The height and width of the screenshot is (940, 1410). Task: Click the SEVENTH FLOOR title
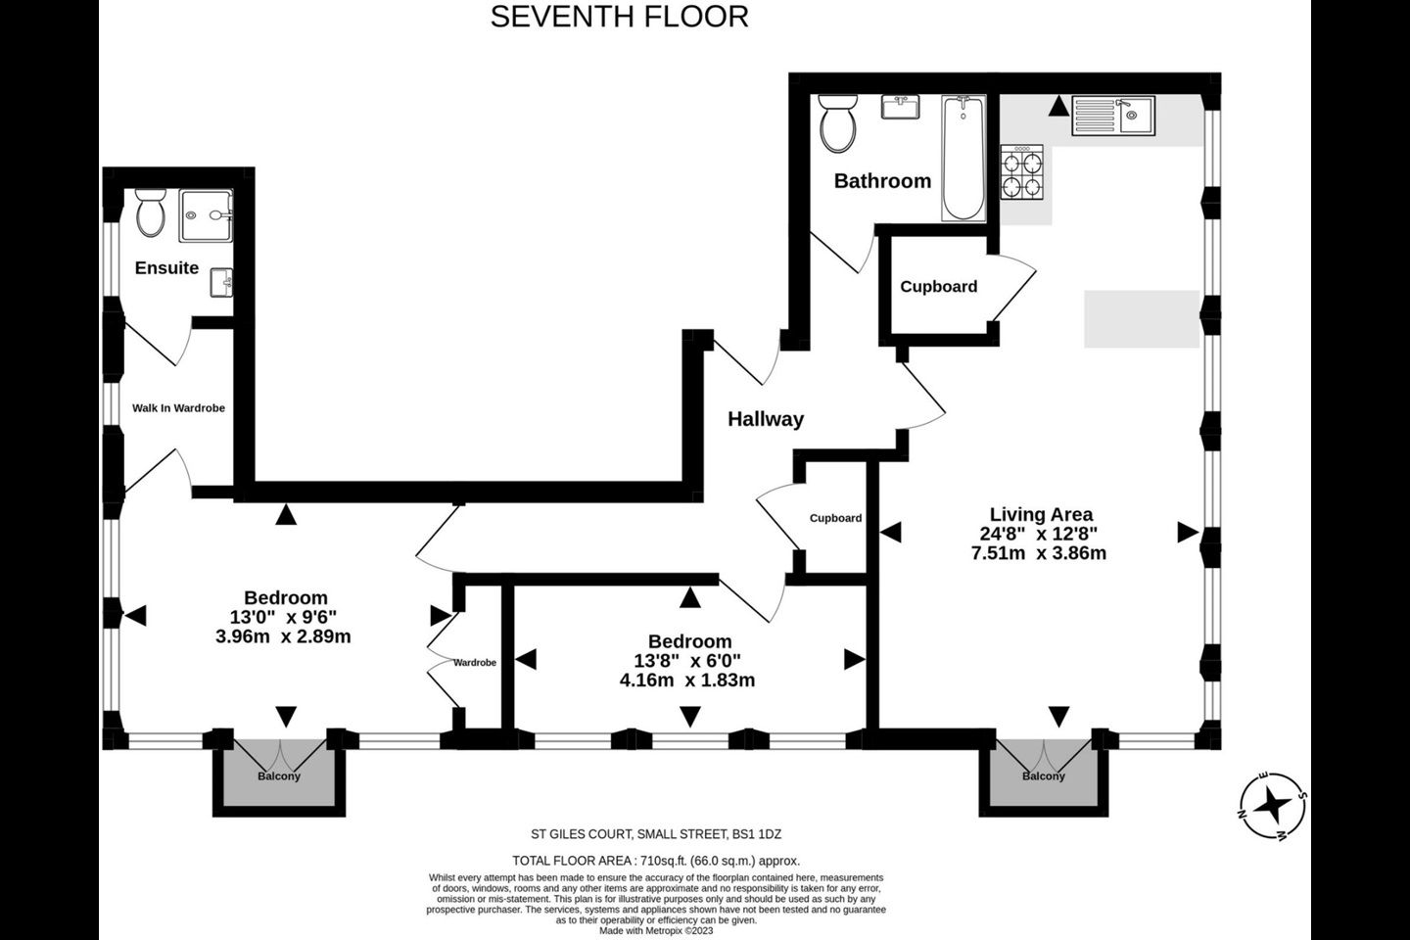pos(620,17)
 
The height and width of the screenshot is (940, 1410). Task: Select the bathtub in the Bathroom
pos(963,158)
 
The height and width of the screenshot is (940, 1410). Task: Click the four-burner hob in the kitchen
pos(1021,172)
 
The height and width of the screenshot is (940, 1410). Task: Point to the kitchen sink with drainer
pos(1113,116)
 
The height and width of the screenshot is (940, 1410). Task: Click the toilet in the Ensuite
pos(151,212)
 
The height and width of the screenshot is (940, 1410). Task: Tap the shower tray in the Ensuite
pos(206,215)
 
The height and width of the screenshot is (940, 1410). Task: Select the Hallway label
pos(766,419)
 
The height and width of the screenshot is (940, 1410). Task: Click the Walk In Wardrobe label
pos(178,408)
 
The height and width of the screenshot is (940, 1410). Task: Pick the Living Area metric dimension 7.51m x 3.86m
pos(1039,553)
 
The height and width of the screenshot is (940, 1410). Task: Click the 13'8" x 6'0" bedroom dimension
pos(687,661)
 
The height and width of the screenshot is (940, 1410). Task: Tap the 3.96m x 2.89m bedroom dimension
pos(283,636)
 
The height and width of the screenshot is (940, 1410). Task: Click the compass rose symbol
pos(1273,806)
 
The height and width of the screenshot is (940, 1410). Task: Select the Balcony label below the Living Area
pos(1044,776)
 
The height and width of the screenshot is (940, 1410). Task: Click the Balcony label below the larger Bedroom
pos(279,776)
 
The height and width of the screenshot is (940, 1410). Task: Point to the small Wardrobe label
pos(475,662)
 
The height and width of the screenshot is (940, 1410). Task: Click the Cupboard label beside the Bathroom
pos(938,287)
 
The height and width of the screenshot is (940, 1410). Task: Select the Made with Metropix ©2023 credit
pos(656,930)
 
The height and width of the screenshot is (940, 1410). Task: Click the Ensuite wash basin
pos(221,283)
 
